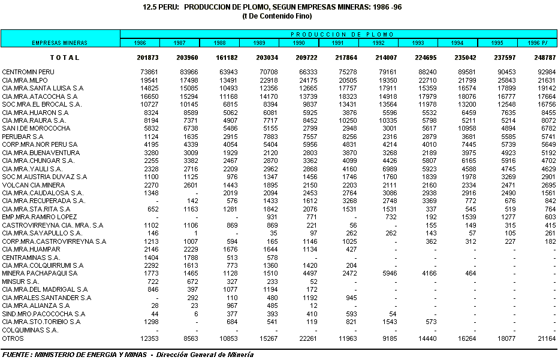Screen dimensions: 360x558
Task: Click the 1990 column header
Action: [298, 43]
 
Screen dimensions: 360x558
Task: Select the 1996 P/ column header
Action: [537, 43]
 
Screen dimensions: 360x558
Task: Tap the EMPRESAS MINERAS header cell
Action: [59, 43]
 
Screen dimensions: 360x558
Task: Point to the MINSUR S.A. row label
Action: [20, 281]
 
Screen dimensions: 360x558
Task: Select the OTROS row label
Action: [13, 338]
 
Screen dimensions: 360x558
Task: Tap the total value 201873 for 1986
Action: [147, 58]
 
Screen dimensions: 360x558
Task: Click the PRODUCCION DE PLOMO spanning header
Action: [338, 34]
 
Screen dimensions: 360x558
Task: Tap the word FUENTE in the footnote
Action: [16, 355]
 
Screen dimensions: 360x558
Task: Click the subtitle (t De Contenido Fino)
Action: [279, 16]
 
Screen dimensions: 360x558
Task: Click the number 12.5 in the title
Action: [150, 7]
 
